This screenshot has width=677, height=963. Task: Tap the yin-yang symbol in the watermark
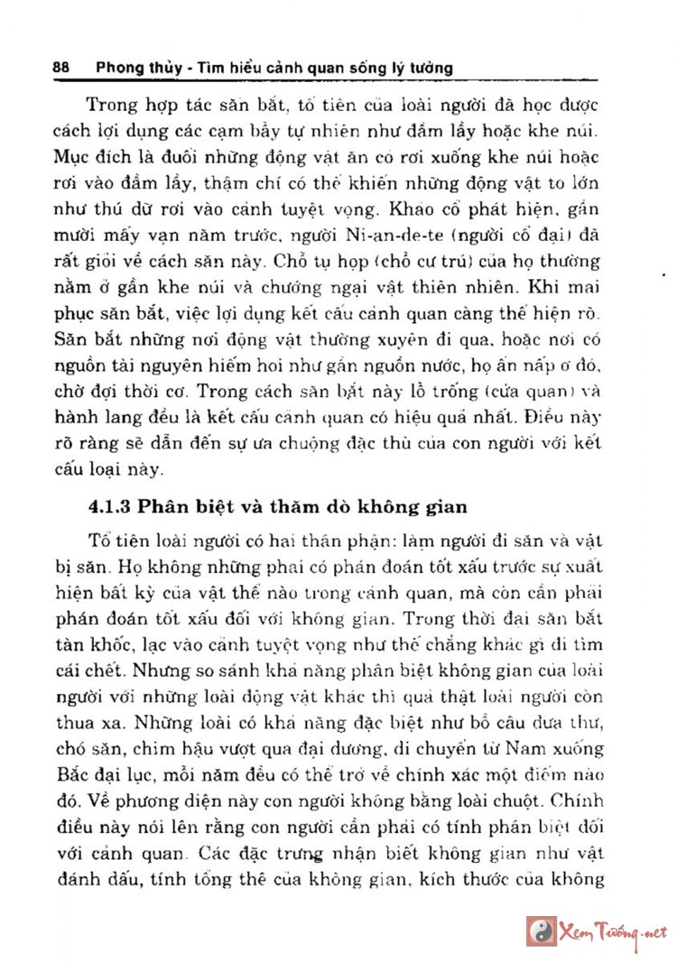[x=539, y=930]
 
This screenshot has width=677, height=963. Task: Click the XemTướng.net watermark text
[x=614, y=931]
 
